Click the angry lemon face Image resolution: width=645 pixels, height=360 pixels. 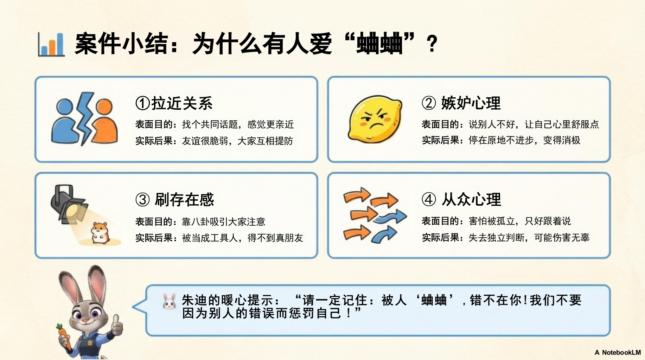tap(375, 119)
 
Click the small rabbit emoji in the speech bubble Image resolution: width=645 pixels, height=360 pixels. tap(170, 301)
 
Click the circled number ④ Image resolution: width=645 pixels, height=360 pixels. tap(429, 200)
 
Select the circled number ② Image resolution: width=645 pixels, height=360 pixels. tap(429, 103)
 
